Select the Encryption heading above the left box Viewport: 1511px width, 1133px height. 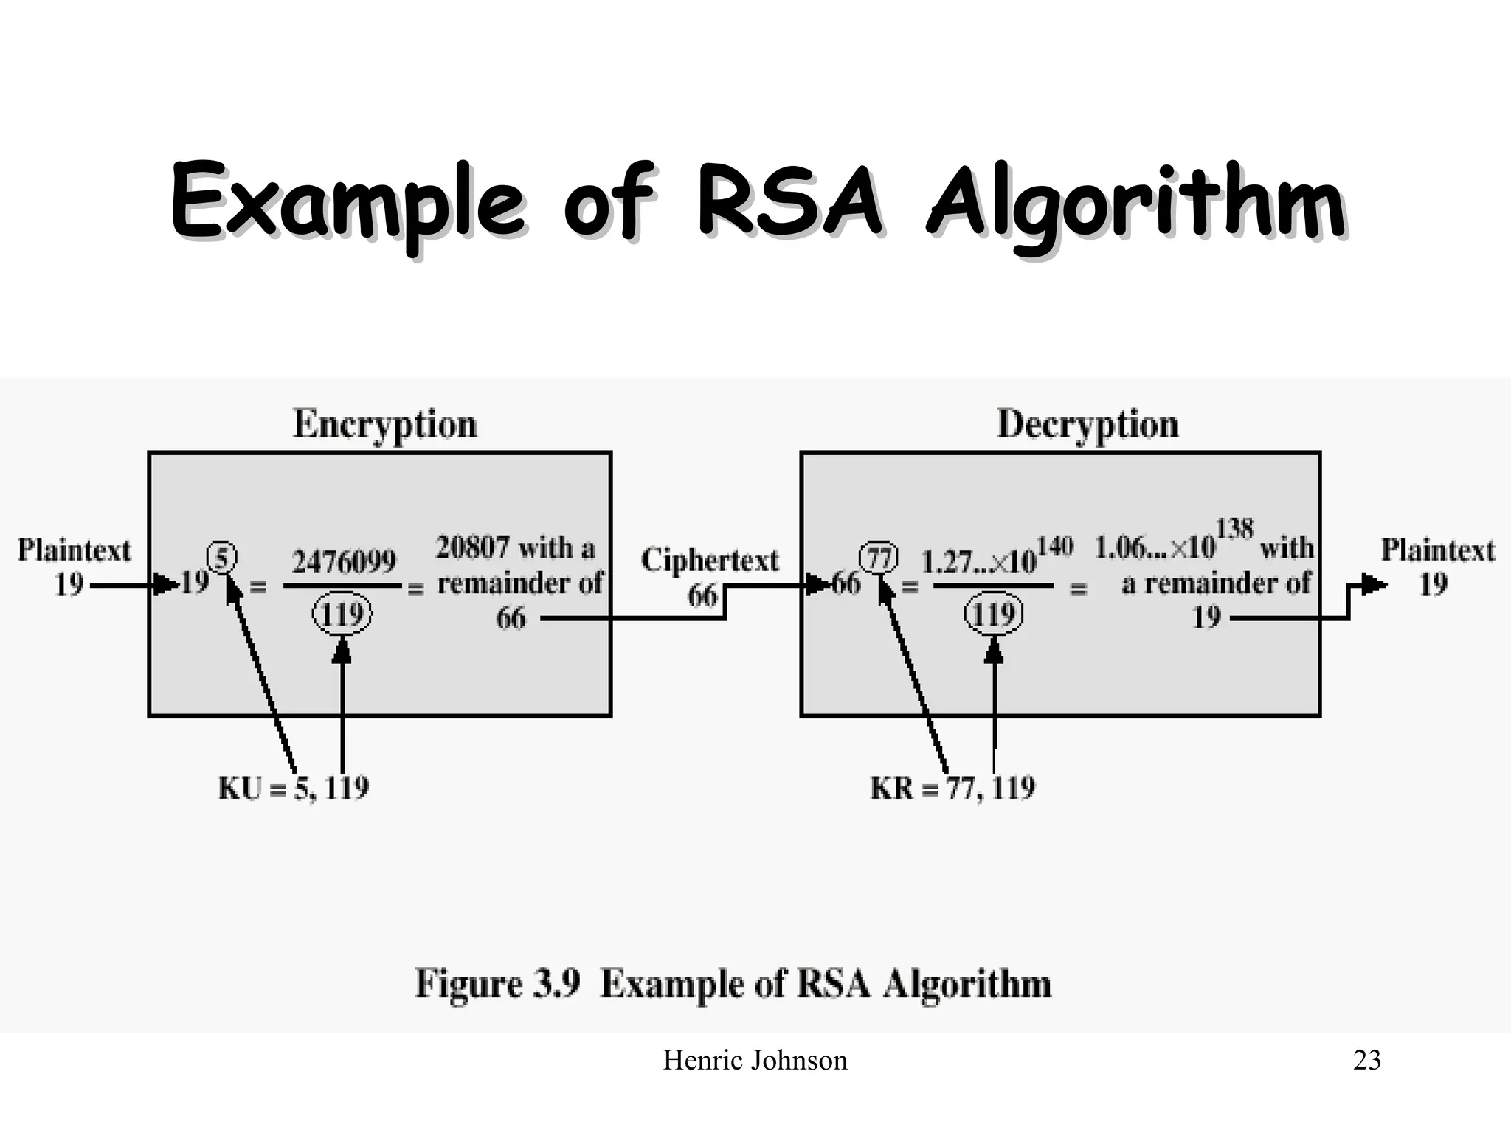point(385,425)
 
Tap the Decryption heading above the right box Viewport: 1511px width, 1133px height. point(1088,425)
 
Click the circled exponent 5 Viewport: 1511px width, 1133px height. point(221,557)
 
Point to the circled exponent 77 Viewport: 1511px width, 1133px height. point(879,557)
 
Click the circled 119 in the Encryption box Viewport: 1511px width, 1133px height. point(342,614)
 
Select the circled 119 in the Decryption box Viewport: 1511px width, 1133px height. point(994,614)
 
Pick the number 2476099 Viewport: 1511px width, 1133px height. point(344,563)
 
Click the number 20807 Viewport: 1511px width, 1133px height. point(472,548)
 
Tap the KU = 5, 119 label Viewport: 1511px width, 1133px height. point(294,788)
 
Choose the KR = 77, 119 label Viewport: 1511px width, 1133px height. point(952,788)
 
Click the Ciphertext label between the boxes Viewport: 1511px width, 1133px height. point(710,561)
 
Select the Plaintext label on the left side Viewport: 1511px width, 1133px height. point(74,550)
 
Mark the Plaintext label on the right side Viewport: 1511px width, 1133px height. point(1437,550)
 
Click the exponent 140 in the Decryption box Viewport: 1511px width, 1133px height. point(1054,547)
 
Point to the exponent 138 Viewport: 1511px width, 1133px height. point(1234,530)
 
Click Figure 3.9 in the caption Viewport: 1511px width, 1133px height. point(497,984)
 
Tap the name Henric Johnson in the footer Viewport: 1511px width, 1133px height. point(755,1061)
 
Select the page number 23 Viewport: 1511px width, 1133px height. point(1366,1061)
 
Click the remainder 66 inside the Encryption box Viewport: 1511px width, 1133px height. point(511,618)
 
